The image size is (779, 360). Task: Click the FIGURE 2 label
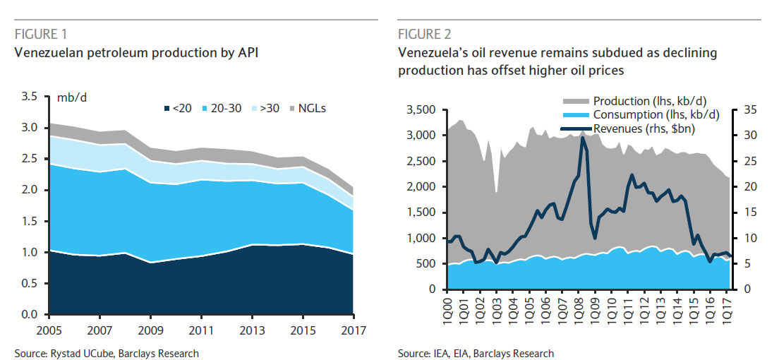(x=424, y=33)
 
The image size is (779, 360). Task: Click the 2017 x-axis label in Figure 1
(x=353, y=330)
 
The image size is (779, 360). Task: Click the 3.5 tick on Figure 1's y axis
(x=30, y=97)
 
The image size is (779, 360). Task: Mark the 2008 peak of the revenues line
(x=582, y=138)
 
